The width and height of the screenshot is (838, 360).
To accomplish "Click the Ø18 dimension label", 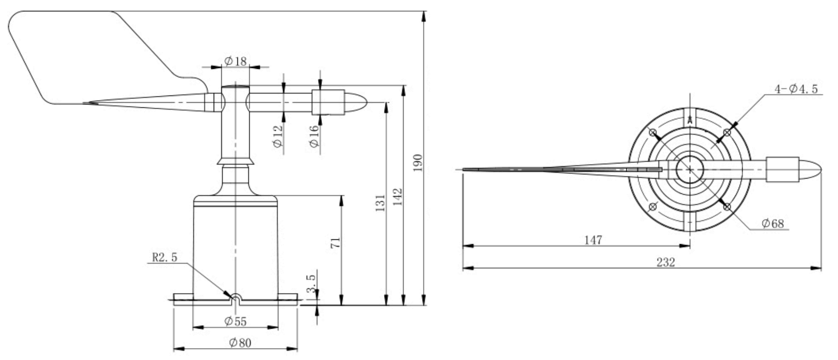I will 235,61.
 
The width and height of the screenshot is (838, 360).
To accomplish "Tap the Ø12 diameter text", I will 278,135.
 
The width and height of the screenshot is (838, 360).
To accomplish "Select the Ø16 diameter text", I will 314,136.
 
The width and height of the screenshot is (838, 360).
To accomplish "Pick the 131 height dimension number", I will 380,203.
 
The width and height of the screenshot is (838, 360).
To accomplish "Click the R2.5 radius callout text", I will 164,257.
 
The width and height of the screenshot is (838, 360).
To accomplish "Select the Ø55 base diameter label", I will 235,322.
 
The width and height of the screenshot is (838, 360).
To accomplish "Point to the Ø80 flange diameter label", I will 240,342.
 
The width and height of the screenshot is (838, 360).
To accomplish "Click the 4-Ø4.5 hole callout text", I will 796,89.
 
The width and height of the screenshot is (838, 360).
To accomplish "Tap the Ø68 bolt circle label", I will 772,223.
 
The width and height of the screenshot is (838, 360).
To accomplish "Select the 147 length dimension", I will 593,240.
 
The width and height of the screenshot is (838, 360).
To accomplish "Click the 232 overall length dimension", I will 665,262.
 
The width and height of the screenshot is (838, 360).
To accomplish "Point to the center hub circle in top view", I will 689,170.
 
